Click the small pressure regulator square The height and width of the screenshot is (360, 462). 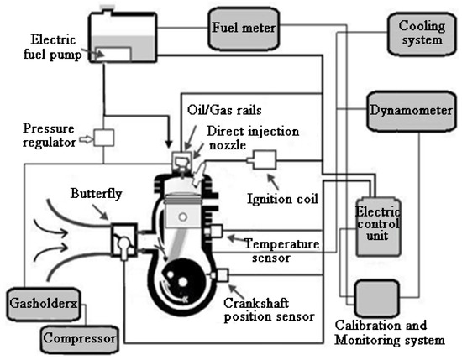[105, 136]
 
